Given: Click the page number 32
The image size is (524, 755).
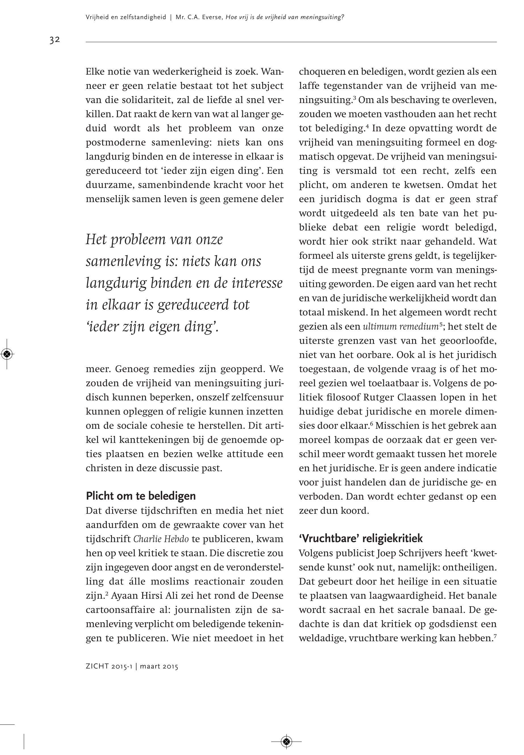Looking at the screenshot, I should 55,40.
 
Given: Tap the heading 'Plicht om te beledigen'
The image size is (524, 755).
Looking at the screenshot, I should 141,496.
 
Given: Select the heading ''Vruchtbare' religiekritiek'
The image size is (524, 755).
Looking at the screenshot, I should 360,538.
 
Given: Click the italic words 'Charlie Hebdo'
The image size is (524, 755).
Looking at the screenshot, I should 161,539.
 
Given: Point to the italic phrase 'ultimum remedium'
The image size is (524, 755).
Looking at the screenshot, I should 400,326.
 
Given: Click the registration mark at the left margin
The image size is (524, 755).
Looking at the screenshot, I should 7,354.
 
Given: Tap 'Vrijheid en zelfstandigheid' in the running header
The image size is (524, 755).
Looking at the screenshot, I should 126,17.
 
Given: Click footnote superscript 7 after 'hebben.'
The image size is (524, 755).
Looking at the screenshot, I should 494,636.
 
